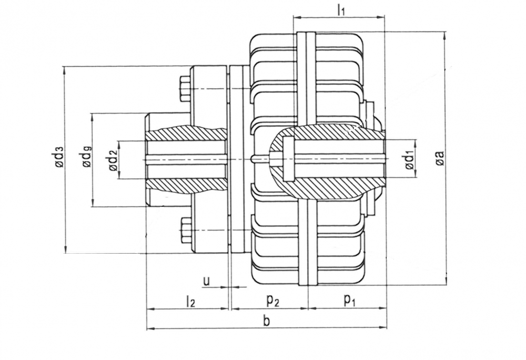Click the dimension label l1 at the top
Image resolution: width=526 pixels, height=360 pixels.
[x=341, y=9]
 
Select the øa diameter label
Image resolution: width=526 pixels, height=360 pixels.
[x=440, y=158]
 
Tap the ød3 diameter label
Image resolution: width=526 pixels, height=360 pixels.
[x=59, y=158]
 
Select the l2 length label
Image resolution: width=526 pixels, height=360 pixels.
[x=190, y=301]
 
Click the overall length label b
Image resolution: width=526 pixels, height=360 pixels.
[x=266, y=322]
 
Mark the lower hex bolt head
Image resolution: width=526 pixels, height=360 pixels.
[x=185, y=231]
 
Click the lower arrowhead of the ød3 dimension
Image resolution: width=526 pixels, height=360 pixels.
[x=65, y=249]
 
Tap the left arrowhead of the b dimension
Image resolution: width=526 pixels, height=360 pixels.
[x=150, y=329]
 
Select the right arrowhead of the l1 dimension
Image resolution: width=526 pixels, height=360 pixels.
[x=382, y=18]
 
